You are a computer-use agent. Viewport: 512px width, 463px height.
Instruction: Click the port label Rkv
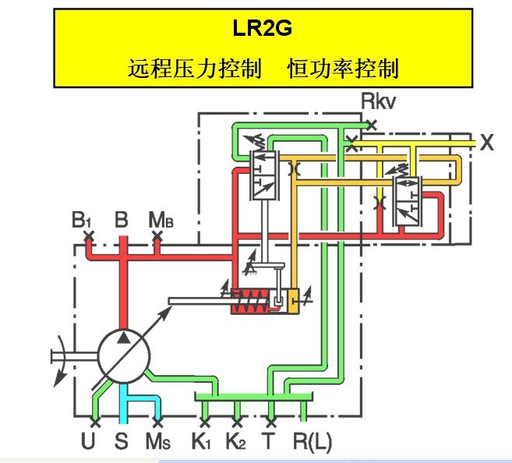380,101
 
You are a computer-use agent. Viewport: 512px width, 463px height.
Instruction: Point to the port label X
487,143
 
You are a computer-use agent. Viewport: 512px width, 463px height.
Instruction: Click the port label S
121,443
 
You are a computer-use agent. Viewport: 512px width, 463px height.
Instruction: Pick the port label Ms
158,443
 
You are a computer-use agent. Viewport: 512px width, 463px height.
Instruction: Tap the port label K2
237,443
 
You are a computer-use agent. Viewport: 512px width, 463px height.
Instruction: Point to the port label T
269,443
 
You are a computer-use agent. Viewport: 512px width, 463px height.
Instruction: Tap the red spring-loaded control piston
252,301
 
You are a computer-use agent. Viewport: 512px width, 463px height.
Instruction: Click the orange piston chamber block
293,301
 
